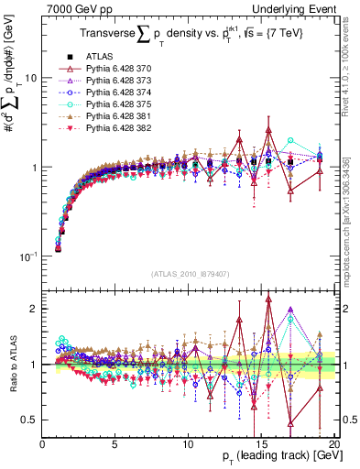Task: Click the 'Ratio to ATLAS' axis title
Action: click(x=12, y=364)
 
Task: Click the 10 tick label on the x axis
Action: click(x=188, y=442)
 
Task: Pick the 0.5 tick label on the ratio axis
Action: click(x=30, y=420)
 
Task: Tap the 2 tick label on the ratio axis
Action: click(x=34, y=309)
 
